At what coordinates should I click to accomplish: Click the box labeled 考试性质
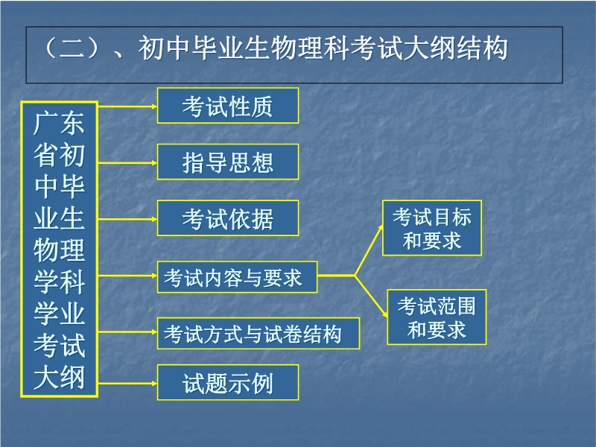228,106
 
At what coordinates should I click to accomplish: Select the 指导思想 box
228,162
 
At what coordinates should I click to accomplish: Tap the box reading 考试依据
228,218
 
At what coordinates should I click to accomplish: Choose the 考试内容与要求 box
237,277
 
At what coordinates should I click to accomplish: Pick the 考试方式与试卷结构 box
258,333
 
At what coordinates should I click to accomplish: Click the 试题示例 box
228,382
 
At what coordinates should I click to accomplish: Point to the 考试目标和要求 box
432,228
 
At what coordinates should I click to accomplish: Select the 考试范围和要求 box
437,317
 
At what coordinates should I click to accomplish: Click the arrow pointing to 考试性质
127,107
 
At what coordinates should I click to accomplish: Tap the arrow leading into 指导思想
127,163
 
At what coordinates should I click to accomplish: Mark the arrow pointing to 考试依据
127,219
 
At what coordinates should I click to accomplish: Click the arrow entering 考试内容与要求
127,276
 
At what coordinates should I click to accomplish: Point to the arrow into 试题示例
127,384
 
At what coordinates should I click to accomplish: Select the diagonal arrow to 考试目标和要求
369,250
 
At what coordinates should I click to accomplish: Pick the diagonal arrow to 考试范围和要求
371,296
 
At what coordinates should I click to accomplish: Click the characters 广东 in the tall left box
59,123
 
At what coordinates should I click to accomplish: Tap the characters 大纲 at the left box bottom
59,377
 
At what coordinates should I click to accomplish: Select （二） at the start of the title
72,48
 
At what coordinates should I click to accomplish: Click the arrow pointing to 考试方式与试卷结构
127,332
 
